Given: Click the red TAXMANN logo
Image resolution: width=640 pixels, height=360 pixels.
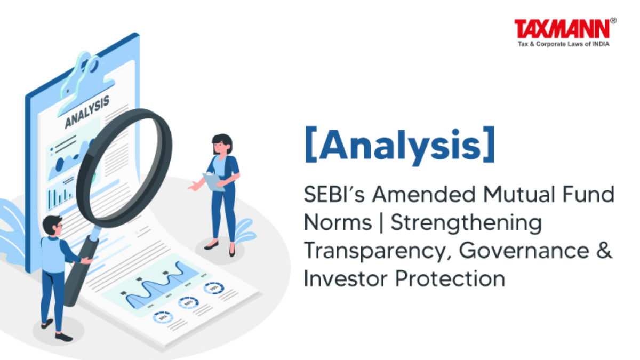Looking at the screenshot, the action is pos(562,29).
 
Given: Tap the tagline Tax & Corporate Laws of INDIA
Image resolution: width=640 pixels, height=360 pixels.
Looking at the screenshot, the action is pos(564,44).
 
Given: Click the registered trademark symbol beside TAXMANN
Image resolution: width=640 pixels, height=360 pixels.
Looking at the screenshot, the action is pos(613,21).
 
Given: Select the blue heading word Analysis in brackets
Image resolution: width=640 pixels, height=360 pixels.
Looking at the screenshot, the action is pos(399,146).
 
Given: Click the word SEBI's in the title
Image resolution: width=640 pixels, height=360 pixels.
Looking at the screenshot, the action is pos(334,194).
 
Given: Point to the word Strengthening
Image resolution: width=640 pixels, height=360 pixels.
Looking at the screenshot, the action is pos(466,223).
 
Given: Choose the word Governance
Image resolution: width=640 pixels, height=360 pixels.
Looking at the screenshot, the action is pos(524,251).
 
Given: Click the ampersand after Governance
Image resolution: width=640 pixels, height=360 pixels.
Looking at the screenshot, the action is pos(604,251).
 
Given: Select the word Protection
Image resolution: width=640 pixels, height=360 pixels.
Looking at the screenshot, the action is pos(450,278).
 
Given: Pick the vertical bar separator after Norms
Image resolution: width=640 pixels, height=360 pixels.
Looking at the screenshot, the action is pos(381,223).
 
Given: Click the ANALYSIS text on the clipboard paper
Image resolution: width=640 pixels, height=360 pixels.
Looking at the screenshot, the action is pos(87,111).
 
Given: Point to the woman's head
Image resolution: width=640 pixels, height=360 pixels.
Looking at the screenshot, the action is pos(222,144).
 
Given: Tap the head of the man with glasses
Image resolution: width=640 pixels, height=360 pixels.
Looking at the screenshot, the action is pos(53,226).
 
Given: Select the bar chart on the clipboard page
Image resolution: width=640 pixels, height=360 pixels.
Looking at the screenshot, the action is pos(60,198).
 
